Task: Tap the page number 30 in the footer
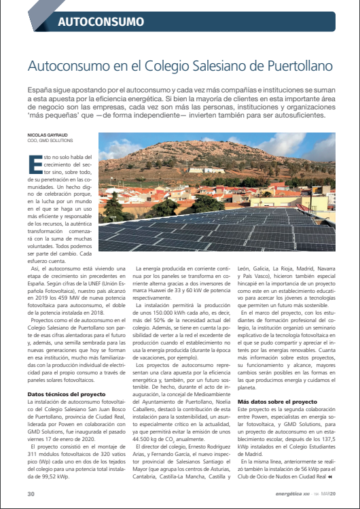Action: tap(31, 493)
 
